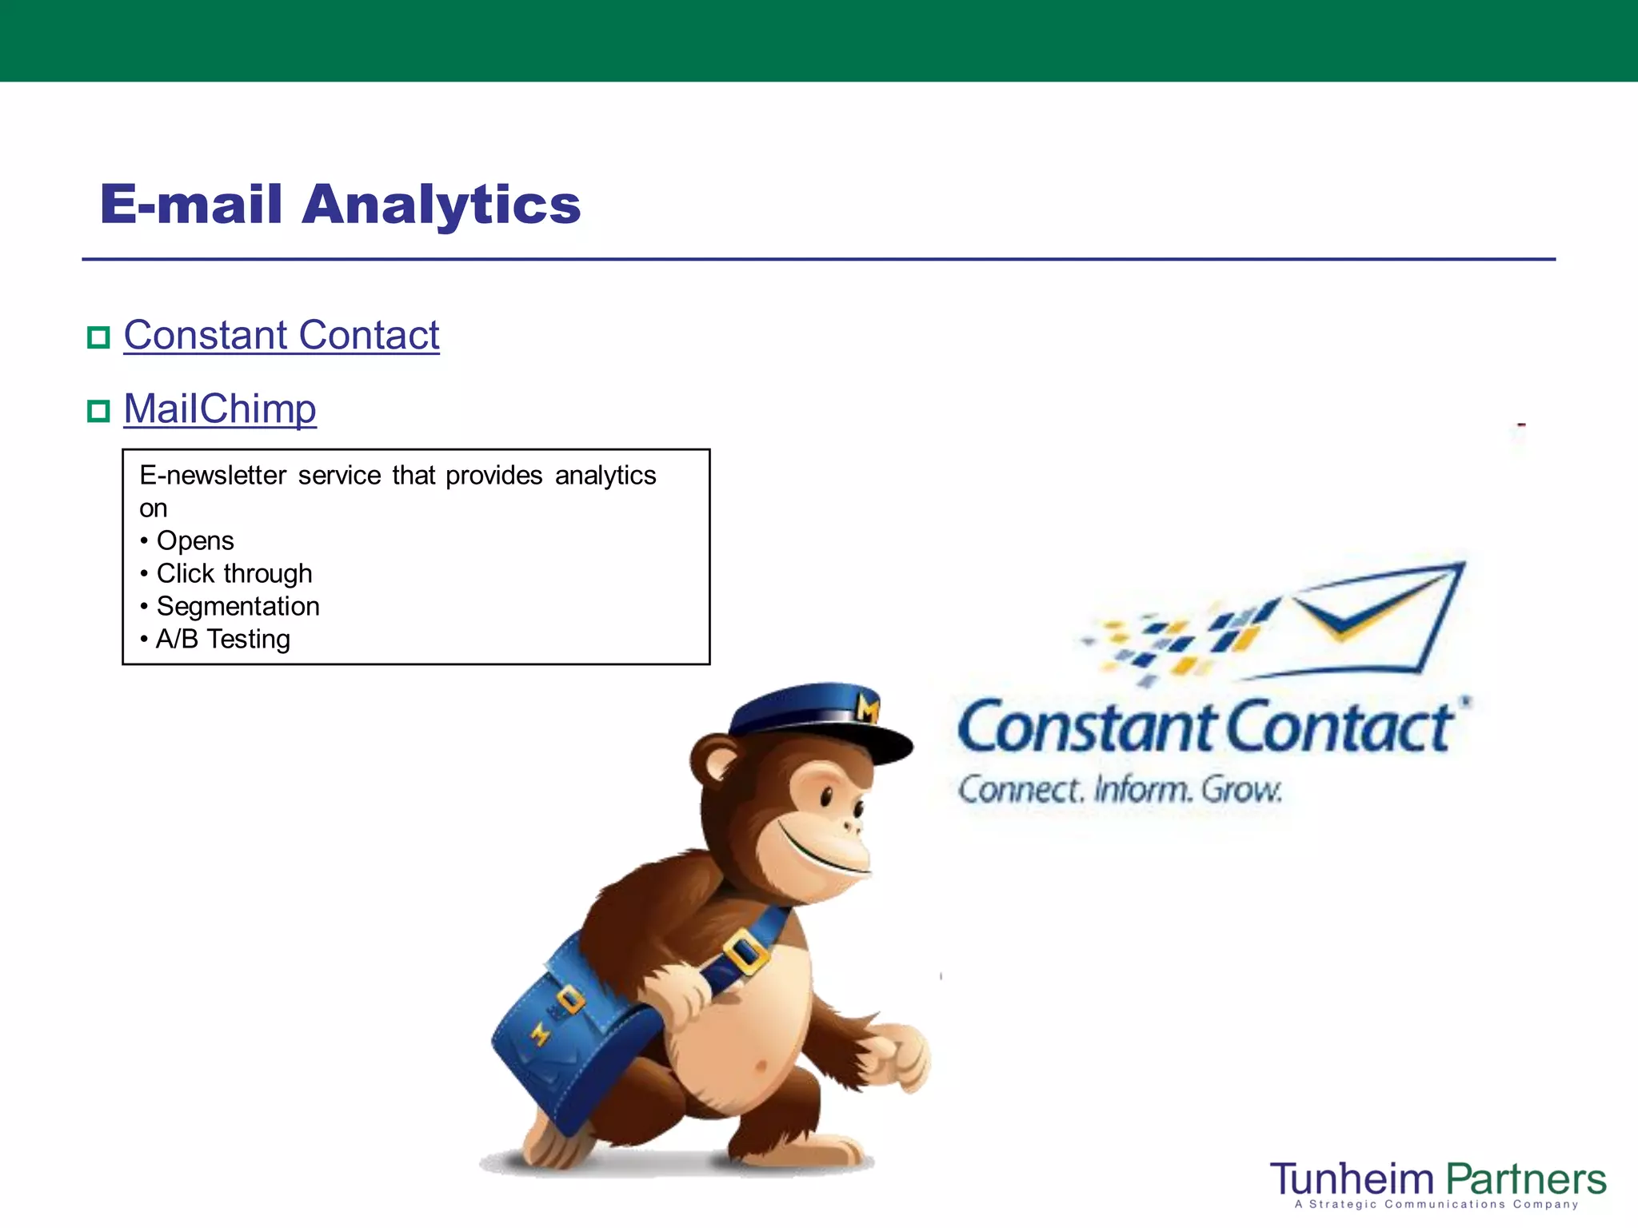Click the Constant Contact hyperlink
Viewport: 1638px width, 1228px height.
tap(281, 336)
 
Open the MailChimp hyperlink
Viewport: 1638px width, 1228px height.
tap(220, 409)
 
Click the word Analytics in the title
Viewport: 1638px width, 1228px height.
tap(441, 204)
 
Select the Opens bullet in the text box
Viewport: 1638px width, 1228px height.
tap(194, 541)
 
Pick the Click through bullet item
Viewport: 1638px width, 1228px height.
tap(234, 574)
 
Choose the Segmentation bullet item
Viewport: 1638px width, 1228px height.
tap(238, 607)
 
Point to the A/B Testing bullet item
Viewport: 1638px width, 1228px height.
tap(222, 640)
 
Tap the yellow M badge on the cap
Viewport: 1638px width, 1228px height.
tap(868, 708)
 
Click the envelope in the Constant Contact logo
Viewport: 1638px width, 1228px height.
tap(1376, 616)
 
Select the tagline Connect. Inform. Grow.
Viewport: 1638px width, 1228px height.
tap(1120, 790)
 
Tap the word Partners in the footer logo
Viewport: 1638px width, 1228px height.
tap(1526, 1180)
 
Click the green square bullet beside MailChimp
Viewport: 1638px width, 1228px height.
tap(98, 412)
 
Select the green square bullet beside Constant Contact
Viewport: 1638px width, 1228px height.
tap(98, 337)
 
